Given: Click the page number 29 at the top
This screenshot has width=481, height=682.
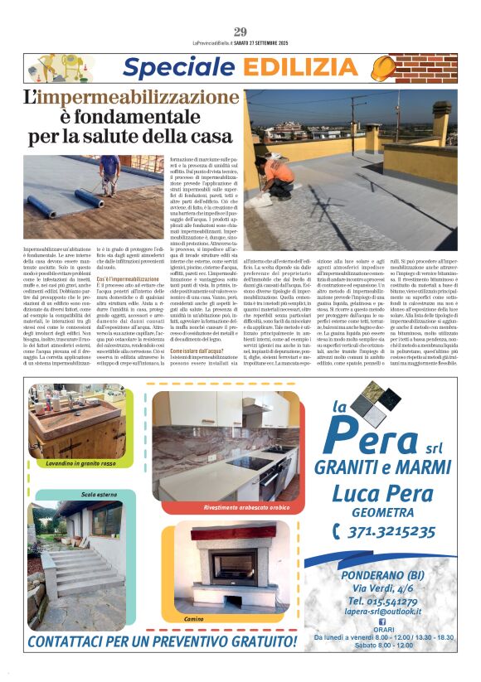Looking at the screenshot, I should pos(240,31).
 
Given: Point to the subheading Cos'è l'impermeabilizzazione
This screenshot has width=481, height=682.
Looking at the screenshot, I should pos(130,280).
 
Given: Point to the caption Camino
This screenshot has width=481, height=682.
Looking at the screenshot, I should pos(193,618).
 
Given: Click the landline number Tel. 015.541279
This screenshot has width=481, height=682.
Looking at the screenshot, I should pos(382,600).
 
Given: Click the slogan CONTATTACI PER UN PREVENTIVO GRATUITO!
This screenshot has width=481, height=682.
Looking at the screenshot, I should pos(162,641).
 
